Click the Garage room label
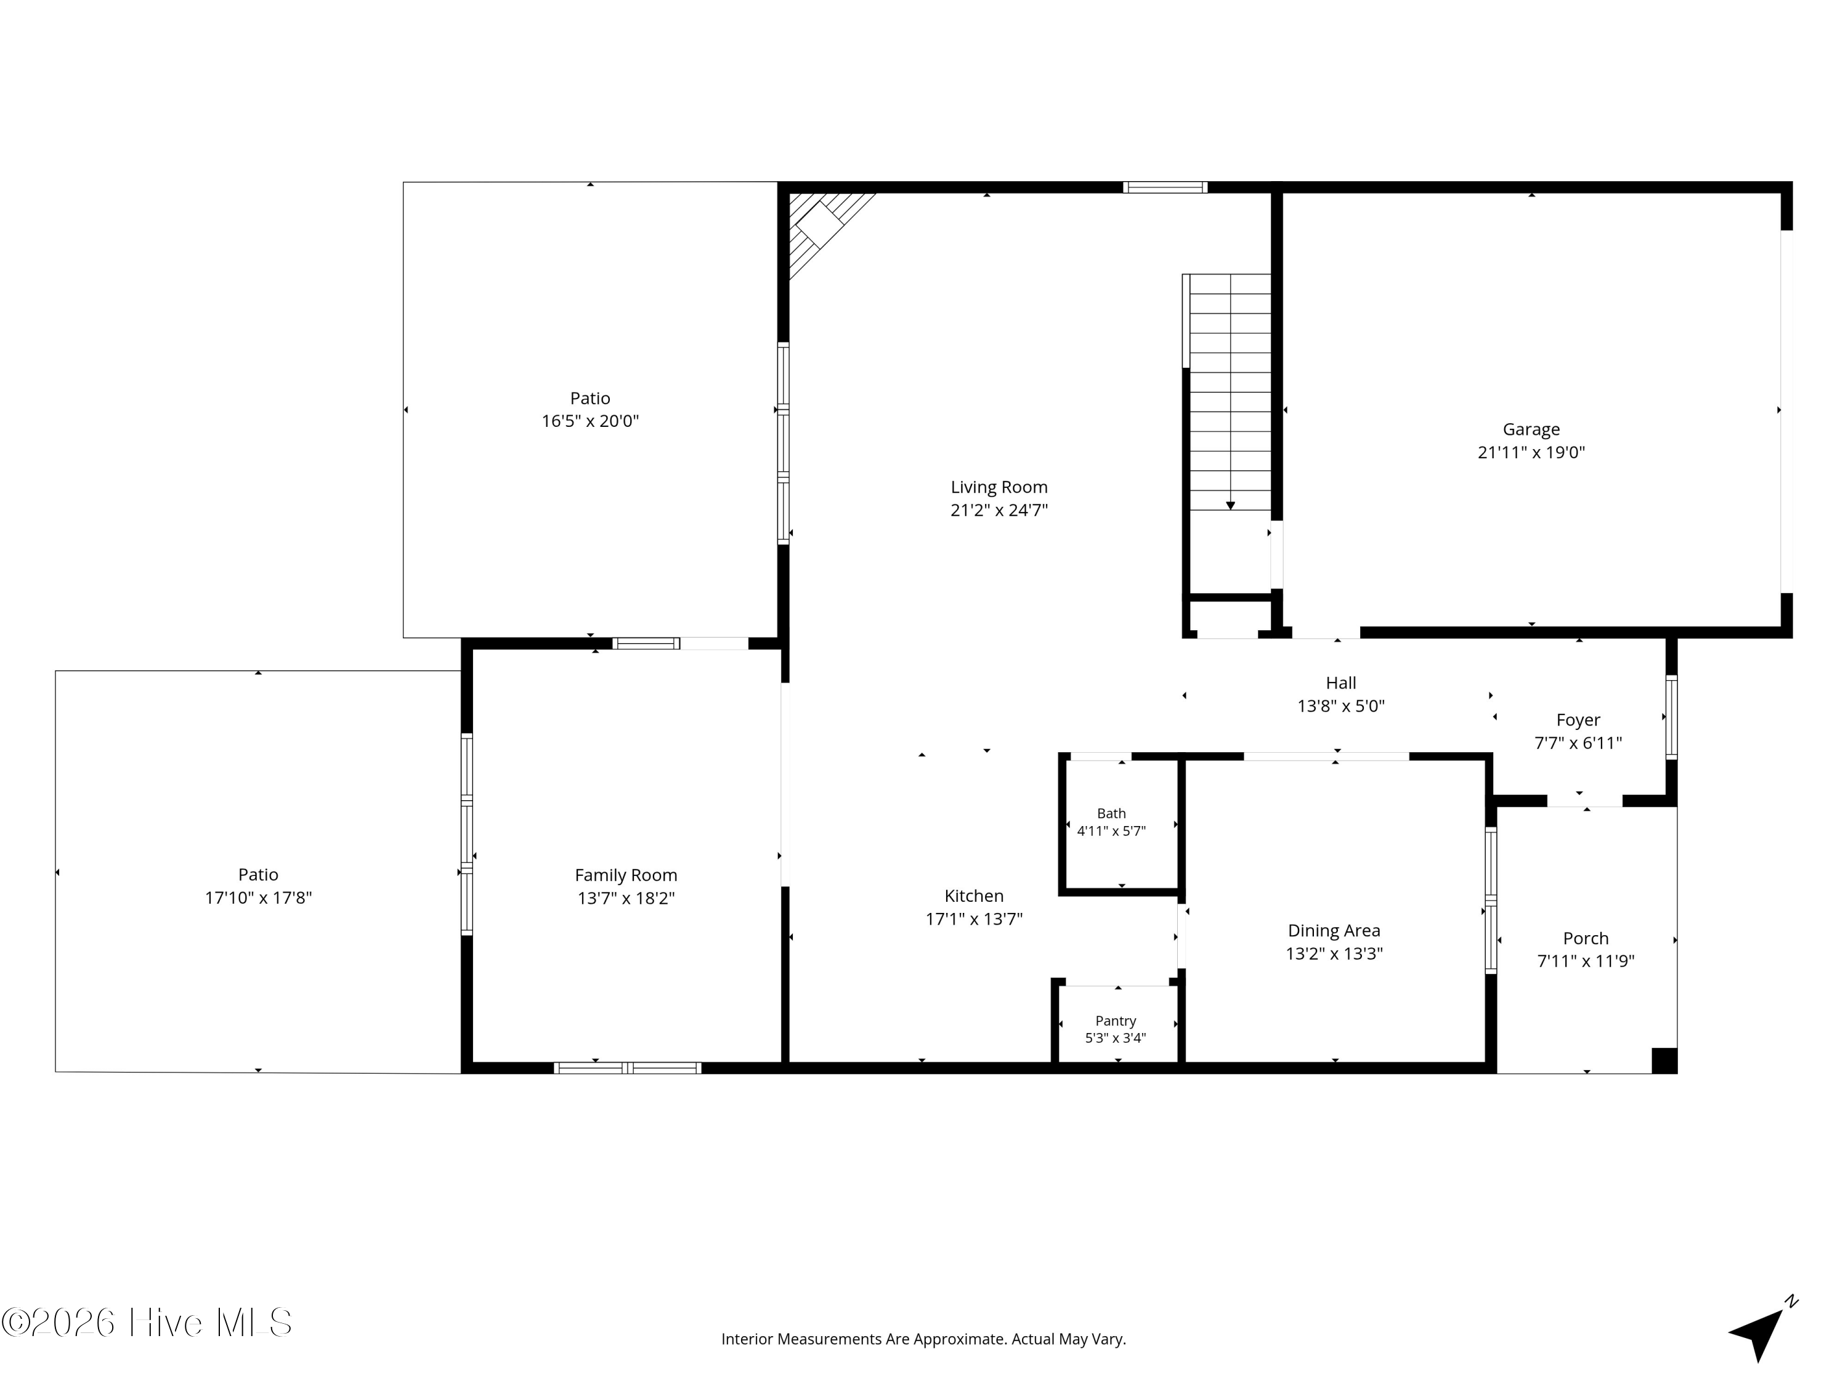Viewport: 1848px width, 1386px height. [x=1531, y=429]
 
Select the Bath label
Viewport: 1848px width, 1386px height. [x=1111, y=813]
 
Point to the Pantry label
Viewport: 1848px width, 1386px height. [x=1116, y=1021]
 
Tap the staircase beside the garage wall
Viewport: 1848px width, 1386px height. [x=1229, y=392]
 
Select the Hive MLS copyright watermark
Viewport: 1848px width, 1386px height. [x=147, y=1323]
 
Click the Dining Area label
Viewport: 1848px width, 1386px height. [x=1334, y=931]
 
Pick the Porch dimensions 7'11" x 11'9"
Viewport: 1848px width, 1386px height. [x=1585, y=961]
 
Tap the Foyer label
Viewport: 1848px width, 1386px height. [x=1578, y=720]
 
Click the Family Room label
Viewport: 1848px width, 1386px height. [x=626, y=875]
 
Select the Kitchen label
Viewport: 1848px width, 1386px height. [x=973, y=896]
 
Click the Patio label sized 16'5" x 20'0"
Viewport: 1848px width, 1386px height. [x=590, y=399]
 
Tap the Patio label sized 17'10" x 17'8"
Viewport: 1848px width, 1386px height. [x=258, y=875]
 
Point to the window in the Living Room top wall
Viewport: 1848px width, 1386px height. [x=1165, y=187]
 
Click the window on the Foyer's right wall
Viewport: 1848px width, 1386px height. [x=1671, y=717]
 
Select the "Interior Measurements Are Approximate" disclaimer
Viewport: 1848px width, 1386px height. [x=923, y=1339]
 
